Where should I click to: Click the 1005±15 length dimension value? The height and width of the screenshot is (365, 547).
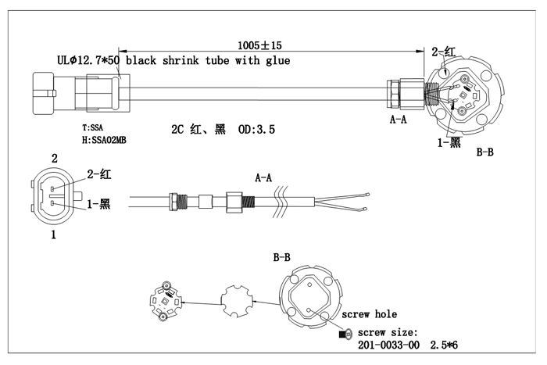click(259, 45)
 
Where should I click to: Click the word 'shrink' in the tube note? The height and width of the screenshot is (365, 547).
click(181, 60)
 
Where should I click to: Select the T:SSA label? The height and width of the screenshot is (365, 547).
click(92, 127)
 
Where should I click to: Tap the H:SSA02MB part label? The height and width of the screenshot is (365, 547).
click(104, 140)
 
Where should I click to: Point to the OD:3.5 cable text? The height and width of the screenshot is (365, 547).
click(256, 130)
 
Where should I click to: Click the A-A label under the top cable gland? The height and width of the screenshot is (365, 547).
click(398, 120)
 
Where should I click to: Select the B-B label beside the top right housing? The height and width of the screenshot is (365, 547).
click(485, 152)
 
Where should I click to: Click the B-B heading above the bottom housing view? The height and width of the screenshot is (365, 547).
click(281, 257)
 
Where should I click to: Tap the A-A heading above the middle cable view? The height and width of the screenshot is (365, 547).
click(263, 178)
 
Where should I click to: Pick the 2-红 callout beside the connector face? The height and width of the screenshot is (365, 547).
click(99, 174)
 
